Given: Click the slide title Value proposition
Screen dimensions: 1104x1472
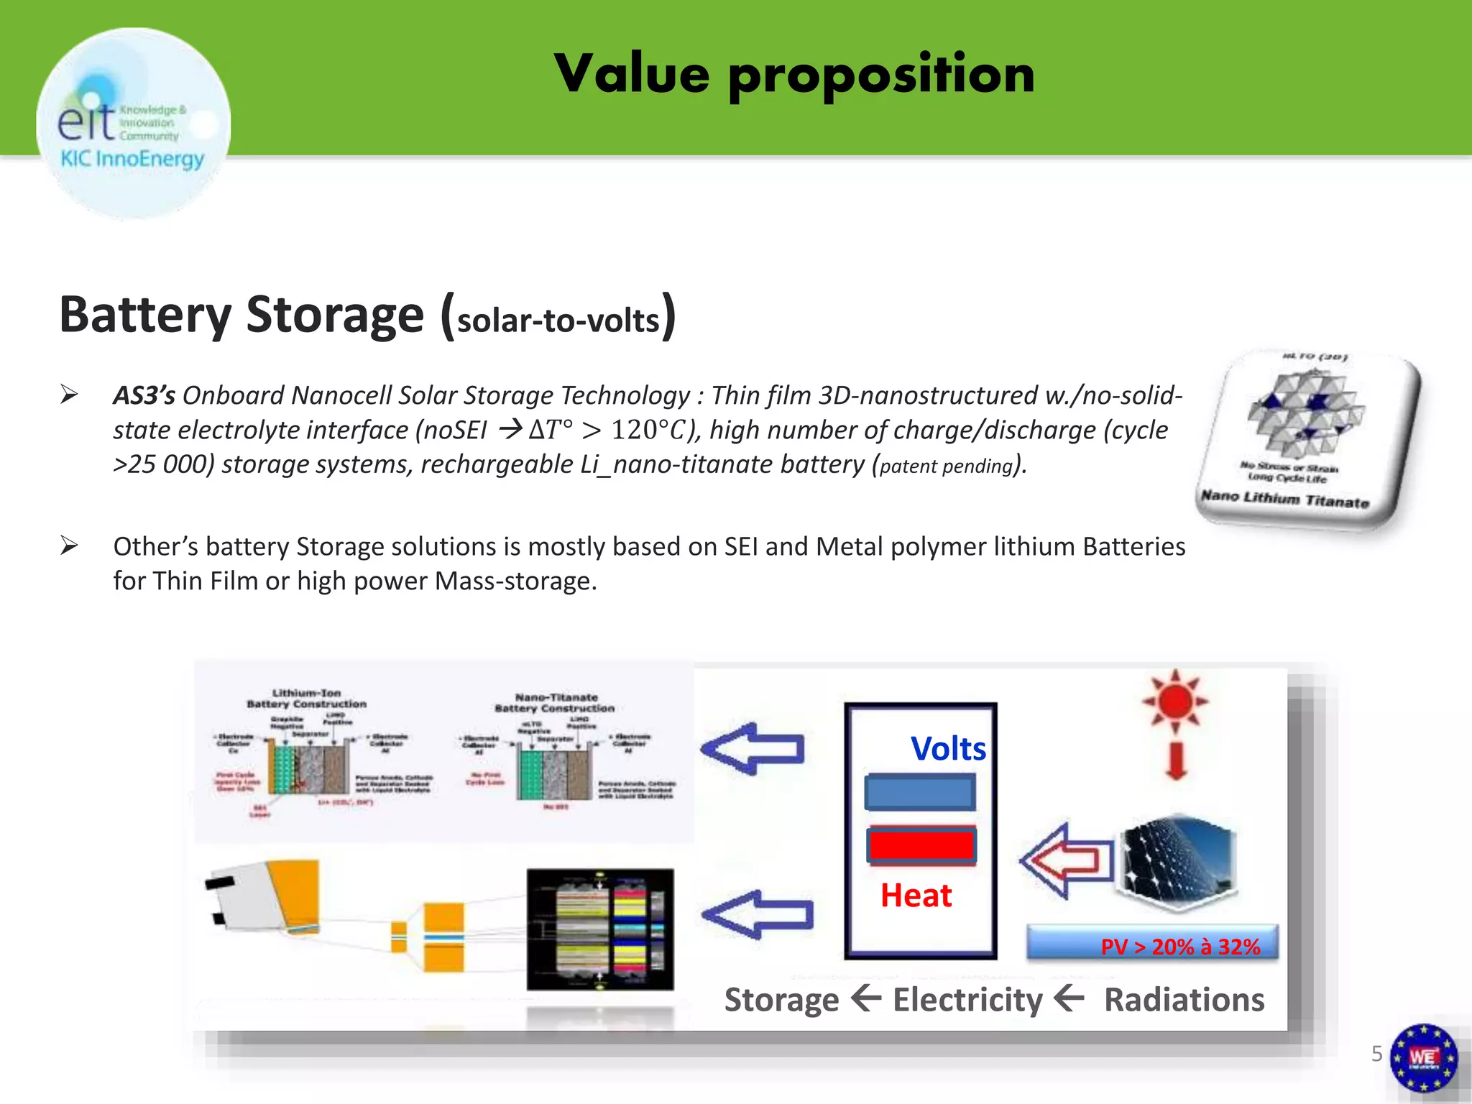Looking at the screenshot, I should [794, 74].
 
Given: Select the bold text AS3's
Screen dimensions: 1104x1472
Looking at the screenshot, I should [144, 395].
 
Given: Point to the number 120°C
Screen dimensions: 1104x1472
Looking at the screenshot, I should [648, 430].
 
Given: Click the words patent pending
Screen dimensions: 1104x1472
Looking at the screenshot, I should [946, 466].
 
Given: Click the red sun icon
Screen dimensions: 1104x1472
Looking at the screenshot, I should [1176, 700].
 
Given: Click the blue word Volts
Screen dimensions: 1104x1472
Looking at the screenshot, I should [948, 749].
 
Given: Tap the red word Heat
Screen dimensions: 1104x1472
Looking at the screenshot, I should [916, 896].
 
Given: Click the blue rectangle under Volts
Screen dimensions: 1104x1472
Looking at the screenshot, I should [921, 792].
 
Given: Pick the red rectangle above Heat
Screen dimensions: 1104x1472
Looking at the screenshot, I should [921, 845].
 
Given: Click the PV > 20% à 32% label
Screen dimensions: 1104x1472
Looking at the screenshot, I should [1180, 947].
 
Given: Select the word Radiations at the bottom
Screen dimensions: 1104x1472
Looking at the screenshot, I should [1184, 1000].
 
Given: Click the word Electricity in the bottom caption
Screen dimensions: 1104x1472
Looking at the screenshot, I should [967, 1000].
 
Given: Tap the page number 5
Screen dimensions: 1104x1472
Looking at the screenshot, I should [1376, 1054].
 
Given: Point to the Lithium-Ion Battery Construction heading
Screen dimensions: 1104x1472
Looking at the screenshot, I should [307, 698].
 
